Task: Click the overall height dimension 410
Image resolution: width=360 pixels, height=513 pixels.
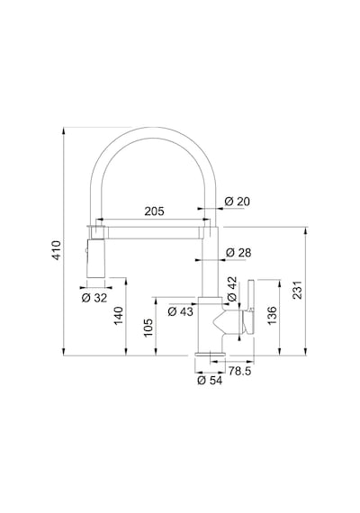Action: (x=57, y=250)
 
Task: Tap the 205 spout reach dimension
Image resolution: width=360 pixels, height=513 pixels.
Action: (x=154, y=211)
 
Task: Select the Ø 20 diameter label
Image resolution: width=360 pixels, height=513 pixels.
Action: (x=238, y=202)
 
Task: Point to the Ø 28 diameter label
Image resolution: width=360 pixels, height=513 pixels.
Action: (x=238, y=253)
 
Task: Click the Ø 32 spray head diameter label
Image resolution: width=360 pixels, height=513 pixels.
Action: (x=94, y=298)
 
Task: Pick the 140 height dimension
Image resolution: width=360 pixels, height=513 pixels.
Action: (x=118, y=316)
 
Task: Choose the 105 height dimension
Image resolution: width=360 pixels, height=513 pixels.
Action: (x=148, y=328)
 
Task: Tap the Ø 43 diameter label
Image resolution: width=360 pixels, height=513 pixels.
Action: (x=180, y=311)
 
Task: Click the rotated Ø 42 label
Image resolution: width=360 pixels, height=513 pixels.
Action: (x=231, y=289)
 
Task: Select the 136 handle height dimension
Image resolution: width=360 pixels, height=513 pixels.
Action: (x=272, y=316)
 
